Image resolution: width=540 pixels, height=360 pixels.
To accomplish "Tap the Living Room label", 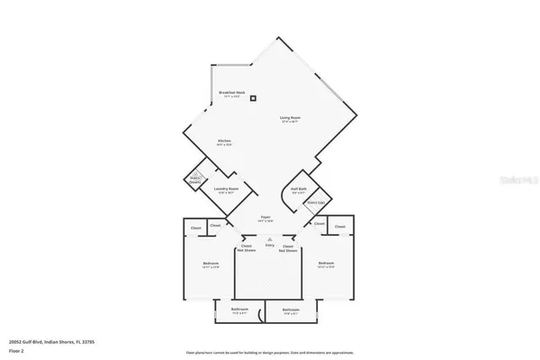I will click(290, 119).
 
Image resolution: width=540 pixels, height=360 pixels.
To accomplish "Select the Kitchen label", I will click(225, 142).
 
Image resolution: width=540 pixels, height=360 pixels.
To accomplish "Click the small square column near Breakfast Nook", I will click(254, 98).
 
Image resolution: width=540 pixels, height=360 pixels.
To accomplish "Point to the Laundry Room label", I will click(225, 190).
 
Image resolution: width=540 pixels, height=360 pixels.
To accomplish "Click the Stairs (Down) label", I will click(194, 179).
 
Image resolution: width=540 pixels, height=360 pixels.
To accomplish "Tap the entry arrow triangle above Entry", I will click(268, 238).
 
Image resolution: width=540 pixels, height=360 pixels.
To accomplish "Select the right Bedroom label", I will click(326, 265).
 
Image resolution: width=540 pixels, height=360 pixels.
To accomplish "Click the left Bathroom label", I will click(239, 310).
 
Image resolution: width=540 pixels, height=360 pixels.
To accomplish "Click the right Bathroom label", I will click(290, 310).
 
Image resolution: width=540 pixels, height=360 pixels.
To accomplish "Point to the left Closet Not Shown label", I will click(246, 247).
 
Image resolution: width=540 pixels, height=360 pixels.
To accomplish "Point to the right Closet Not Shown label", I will click(289, 247).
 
